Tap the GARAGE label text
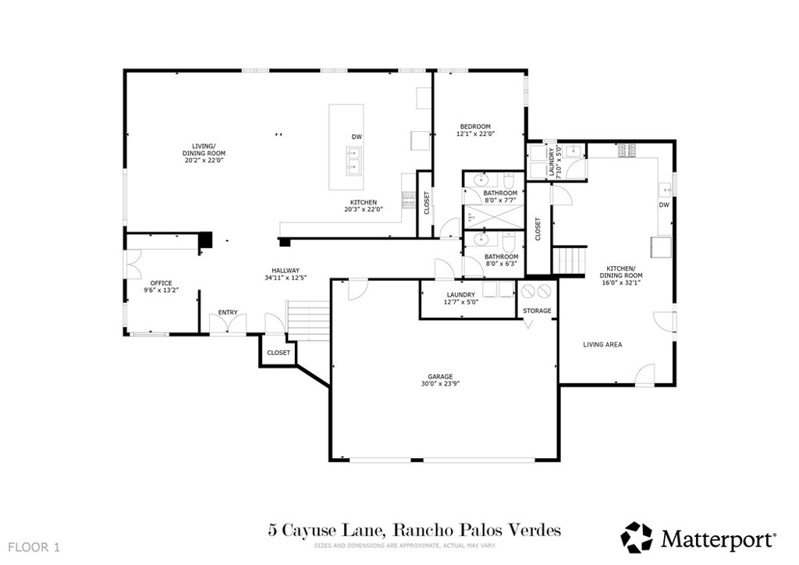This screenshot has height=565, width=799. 439,375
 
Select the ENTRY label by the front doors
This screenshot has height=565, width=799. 228,313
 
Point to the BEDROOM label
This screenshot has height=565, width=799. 475,126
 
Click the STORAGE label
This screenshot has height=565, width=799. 537,311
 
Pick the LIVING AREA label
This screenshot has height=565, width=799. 602,344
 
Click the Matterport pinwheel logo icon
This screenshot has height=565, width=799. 636,537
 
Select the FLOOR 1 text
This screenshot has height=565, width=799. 34,546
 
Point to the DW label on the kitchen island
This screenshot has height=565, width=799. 357,137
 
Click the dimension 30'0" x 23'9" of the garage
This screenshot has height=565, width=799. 439,383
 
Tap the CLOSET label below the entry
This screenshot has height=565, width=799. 279,353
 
